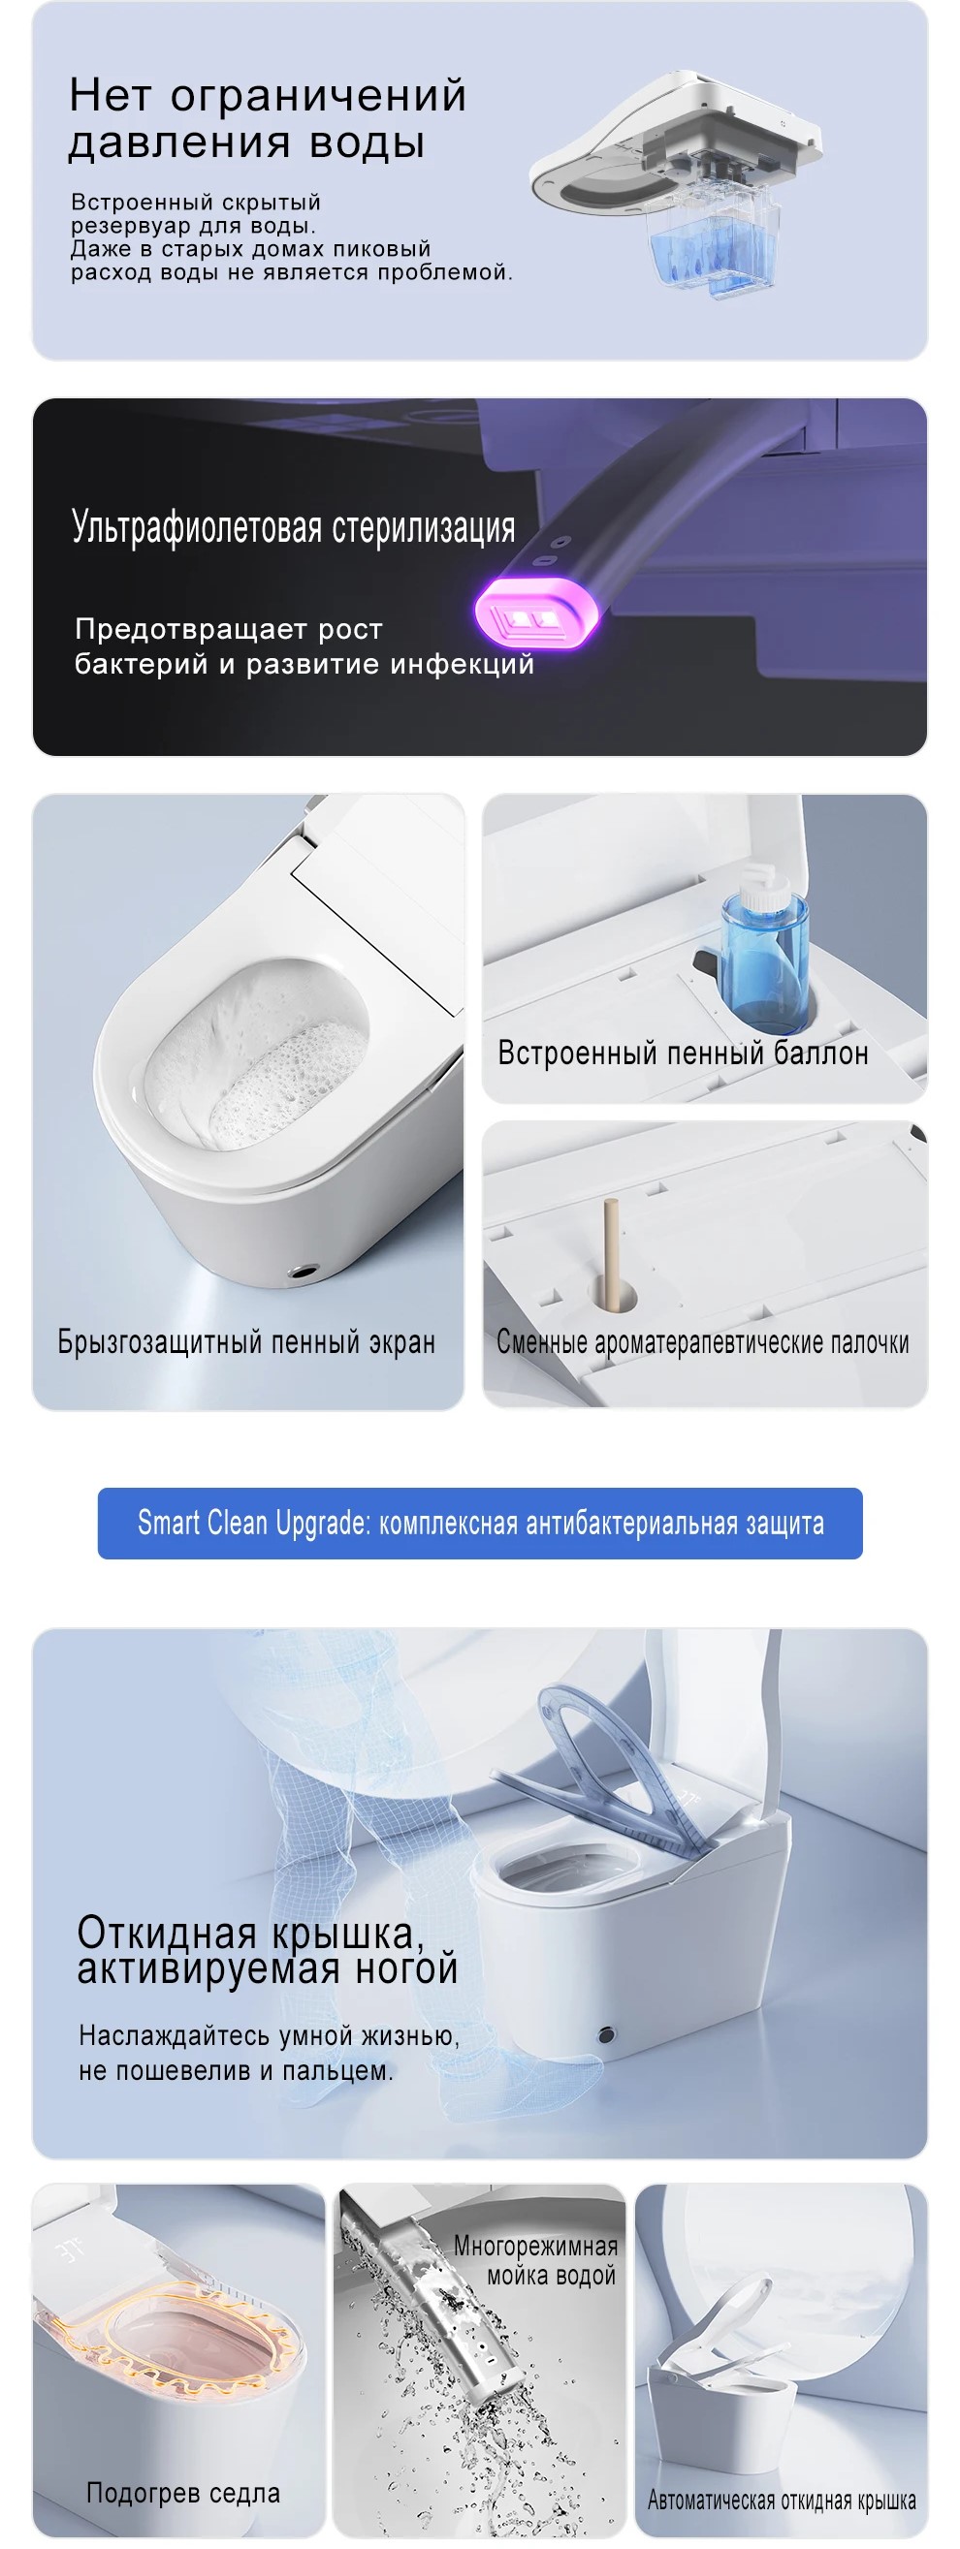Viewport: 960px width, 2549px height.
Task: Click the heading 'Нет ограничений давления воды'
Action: [268, 117]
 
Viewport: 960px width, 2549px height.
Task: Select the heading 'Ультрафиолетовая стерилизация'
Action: [293, 527]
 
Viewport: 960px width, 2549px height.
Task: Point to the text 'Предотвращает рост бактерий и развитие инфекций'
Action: [304, 646]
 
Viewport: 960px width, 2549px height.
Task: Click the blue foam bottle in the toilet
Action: [763, 949]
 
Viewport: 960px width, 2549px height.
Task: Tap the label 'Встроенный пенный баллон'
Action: [683, 1052]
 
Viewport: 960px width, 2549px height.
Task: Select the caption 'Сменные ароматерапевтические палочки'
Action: [703, 1341]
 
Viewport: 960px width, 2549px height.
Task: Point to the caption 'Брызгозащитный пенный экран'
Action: [246, 1341]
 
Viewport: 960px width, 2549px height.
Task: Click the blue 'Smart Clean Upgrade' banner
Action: [480, 1523]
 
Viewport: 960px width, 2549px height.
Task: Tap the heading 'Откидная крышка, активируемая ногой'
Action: [268, 1950]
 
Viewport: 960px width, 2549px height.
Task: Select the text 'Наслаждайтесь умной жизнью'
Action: [269, 2035]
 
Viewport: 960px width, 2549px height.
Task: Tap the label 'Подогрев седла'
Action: [183, 2493]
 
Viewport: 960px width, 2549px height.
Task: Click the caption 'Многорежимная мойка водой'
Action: [535, 2260]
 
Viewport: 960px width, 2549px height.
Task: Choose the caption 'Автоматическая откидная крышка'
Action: [782, 2501]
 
